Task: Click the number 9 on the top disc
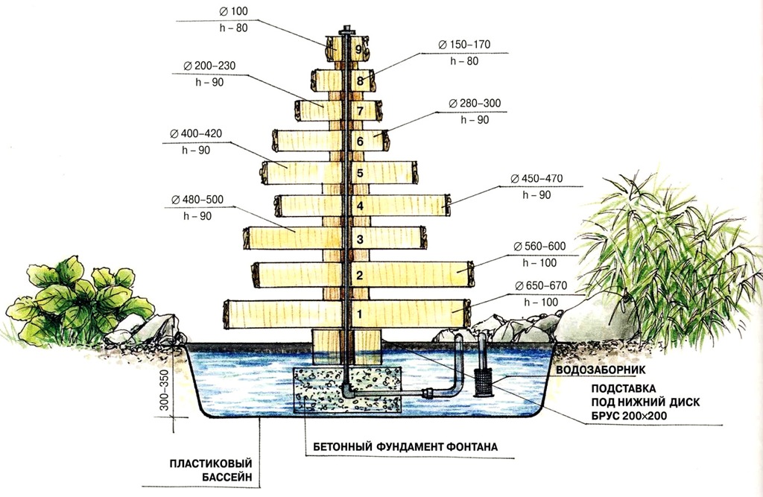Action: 359,49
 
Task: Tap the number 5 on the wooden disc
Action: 360,174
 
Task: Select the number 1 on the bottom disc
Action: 360,314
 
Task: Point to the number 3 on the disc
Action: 360,239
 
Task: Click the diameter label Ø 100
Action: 233,11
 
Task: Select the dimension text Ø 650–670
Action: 541,285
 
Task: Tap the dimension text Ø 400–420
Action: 196,133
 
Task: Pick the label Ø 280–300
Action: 475,103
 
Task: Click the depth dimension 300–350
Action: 164,390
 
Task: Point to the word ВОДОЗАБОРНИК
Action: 601,370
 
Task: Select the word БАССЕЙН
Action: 227,478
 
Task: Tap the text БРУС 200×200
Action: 629,416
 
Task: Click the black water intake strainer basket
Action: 482,384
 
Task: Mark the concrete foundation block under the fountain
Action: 348,390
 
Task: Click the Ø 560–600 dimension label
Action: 539,247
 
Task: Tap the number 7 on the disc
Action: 360,111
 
